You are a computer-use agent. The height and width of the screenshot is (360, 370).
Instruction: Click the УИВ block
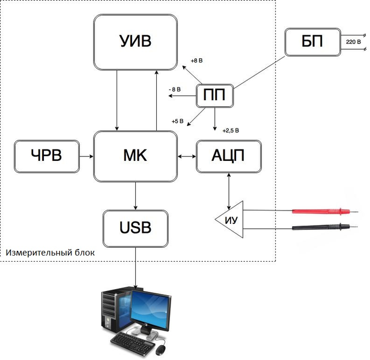(136, 41)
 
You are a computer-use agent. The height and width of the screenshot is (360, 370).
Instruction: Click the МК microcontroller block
(136, 156)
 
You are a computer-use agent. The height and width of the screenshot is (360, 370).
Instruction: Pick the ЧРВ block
(46, 156)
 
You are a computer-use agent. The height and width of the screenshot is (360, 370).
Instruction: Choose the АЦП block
(229, 157)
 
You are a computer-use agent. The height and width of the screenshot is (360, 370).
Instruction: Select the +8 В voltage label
(197, 61)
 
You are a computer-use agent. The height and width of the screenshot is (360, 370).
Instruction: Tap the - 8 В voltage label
(175, 90)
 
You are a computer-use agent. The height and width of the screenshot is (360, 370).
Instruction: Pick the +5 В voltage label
(177, 122)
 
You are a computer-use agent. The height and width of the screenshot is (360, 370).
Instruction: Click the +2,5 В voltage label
(231, 130)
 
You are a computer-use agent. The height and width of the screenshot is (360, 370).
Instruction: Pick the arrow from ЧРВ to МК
(86, 157)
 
